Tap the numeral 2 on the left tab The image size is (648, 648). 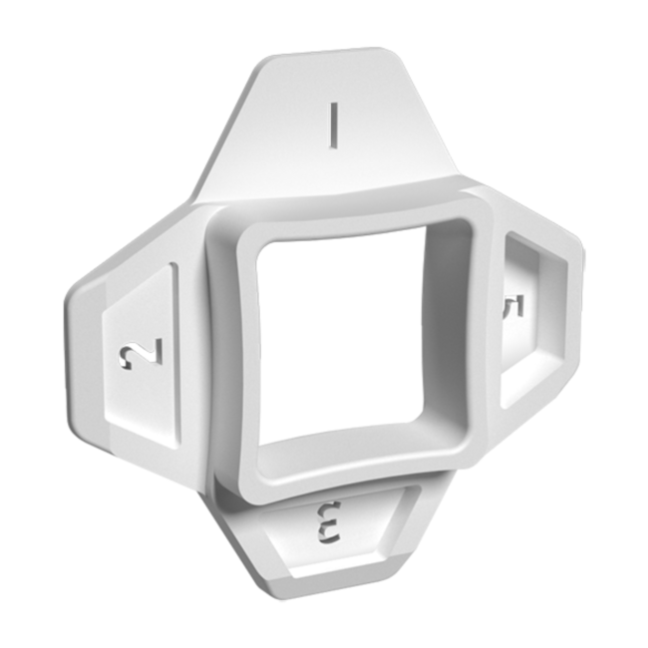(141, 353)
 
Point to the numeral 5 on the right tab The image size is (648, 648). (514, 306)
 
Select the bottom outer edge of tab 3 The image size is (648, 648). (319, 589)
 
